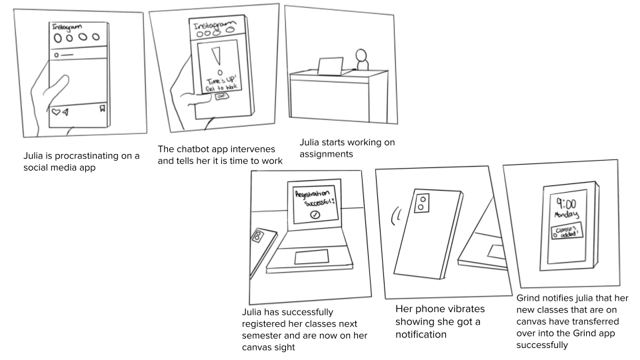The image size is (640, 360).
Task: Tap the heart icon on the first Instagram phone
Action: tap(56, 112)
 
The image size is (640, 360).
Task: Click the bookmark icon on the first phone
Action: tap(102, 109)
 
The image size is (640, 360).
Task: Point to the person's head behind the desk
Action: tap(362, 55)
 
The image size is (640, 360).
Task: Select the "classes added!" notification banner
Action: tap(565, 232)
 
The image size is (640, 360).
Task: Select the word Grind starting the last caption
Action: tap(529, 298)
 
